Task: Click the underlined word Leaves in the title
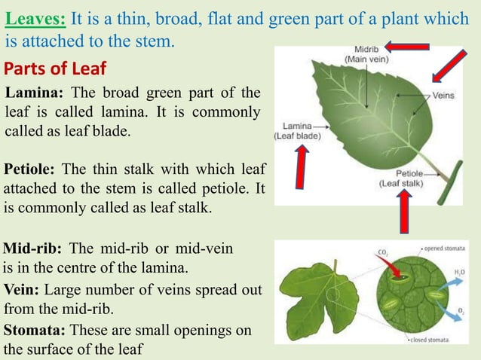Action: (x=35, y=17)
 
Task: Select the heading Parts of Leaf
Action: (x=55, y=69)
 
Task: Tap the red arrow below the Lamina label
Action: (x=302, y=169)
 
